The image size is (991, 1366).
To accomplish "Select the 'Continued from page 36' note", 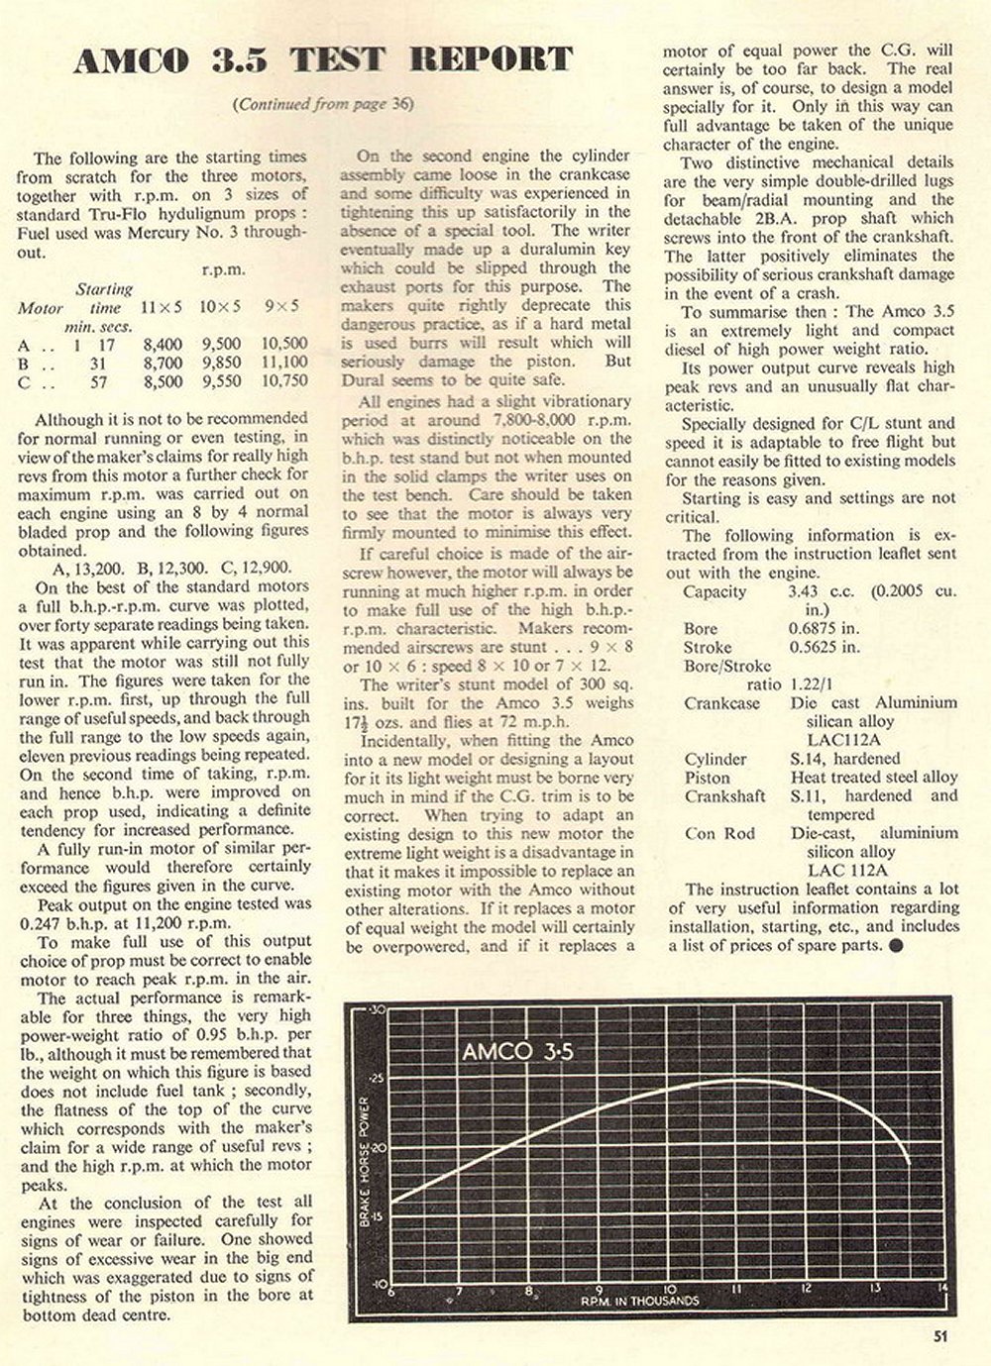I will (x=321, y=104).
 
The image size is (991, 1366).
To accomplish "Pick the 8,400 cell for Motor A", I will (x=164, y=344).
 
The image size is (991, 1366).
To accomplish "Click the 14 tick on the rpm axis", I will (x=938, y=1289).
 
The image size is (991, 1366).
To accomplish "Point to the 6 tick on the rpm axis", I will (x=390, y=1291).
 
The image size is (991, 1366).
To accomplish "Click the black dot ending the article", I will (x=896, y=944).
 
